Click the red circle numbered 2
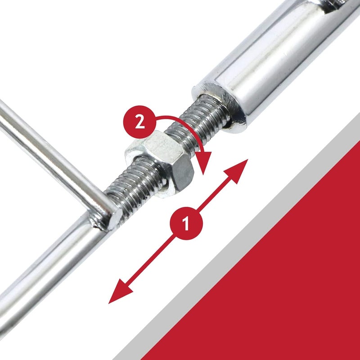point(139,122)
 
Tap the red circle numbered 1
point(186,223)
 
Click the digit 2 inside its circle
point(140,122)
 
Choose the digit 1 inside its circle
point(186,223)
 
